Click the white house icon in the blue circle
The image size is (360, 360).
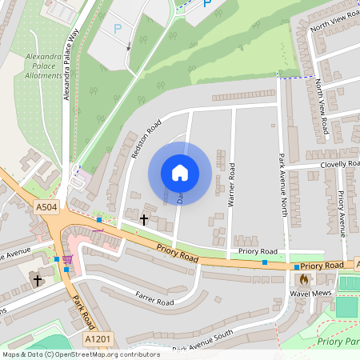pyautogui.click(x=180, y=172)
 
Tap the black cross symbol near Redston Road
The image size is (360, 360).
pyautogui.click(x=145, y=218)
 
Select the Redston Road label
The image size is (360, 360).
pyautogui.click(x=146, y=139)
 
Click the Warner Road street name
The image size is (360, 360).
pyautogui.click(x=231, y=186)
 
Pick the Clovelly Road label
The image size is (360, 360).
pyautogui.click(x=339, y=164)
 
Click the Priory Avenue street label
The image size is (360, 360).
pyautogui.click(x=342, y=212)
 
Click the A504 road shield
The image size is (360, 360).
pyautogui.click(x=46, y=208)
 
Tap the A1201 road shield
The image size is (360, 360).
pyautogui.click(x=98, y=339)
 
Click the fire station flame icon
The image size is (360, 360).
pyautogui.click(x=303, y=280)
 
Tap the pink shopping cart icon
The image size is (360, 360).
pyautogui.click(x=67, y=259)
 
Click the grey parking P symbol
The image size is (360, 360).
pyautogui.click(x=118, y=29)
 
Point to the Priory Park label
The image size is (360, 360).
pyautogui.click(x=338, y=342)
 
